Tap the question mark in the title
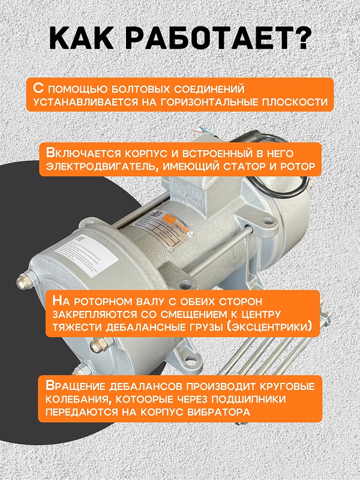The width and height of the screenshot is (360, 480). tap(301, 40)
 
